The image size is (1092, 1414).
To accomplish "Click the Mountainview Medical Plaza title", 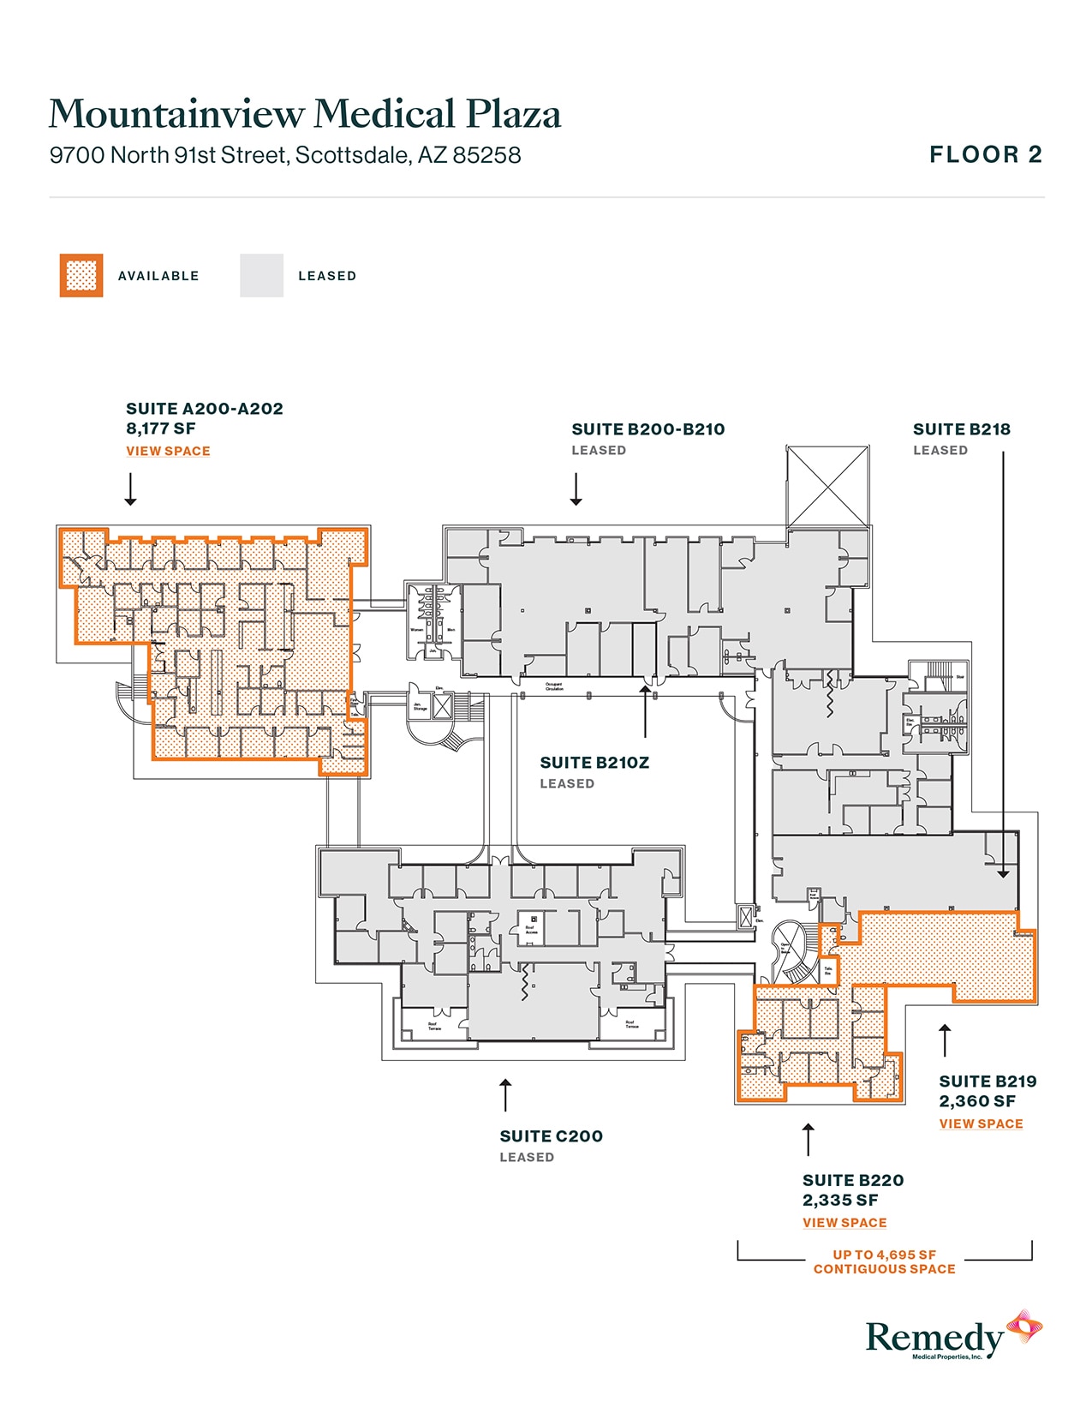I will point(305,114).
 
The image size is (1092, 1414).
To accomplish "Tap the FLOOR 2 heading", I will point(986,155).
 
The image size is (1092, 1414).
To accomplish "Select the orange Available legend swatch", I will point(81,276).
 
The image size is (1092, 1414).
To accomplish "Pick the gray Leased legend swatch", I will point(261,276).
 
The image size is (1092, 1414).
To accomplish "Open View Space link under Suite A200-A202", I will point(168,452).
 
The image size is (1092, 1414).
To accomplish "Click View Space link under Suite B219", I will point(981,1124).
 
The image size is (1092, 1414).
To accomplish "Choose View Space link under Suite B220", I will point(844,1223).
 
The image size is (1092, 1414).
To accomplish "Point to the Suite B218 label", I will point(961,429).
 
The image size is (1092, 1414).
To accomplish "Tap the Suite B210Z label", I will point(594,763).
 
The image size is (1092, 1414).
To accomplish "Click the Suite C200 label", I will point(551,1136).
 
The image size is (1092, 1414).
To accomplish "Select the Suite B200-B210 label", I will point(647,429).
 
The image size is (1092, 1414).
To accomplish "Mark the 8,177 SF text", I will point(161,428).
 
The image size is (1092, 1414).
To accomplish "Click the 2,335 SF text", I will point(840,1201).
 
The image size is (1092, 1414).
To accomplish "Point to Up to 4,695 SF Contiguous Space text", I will point(884,1261).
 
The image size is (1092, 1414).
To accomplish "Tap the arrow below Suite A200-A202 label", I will point(130,489).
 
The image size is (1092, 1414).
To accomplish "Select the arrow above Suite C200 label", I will point(505,1095).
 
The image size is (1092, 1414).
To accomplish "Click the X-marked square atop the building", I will point(827,486).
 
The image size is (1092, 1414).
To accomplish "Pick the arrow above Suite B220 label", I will point(808,1140).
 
